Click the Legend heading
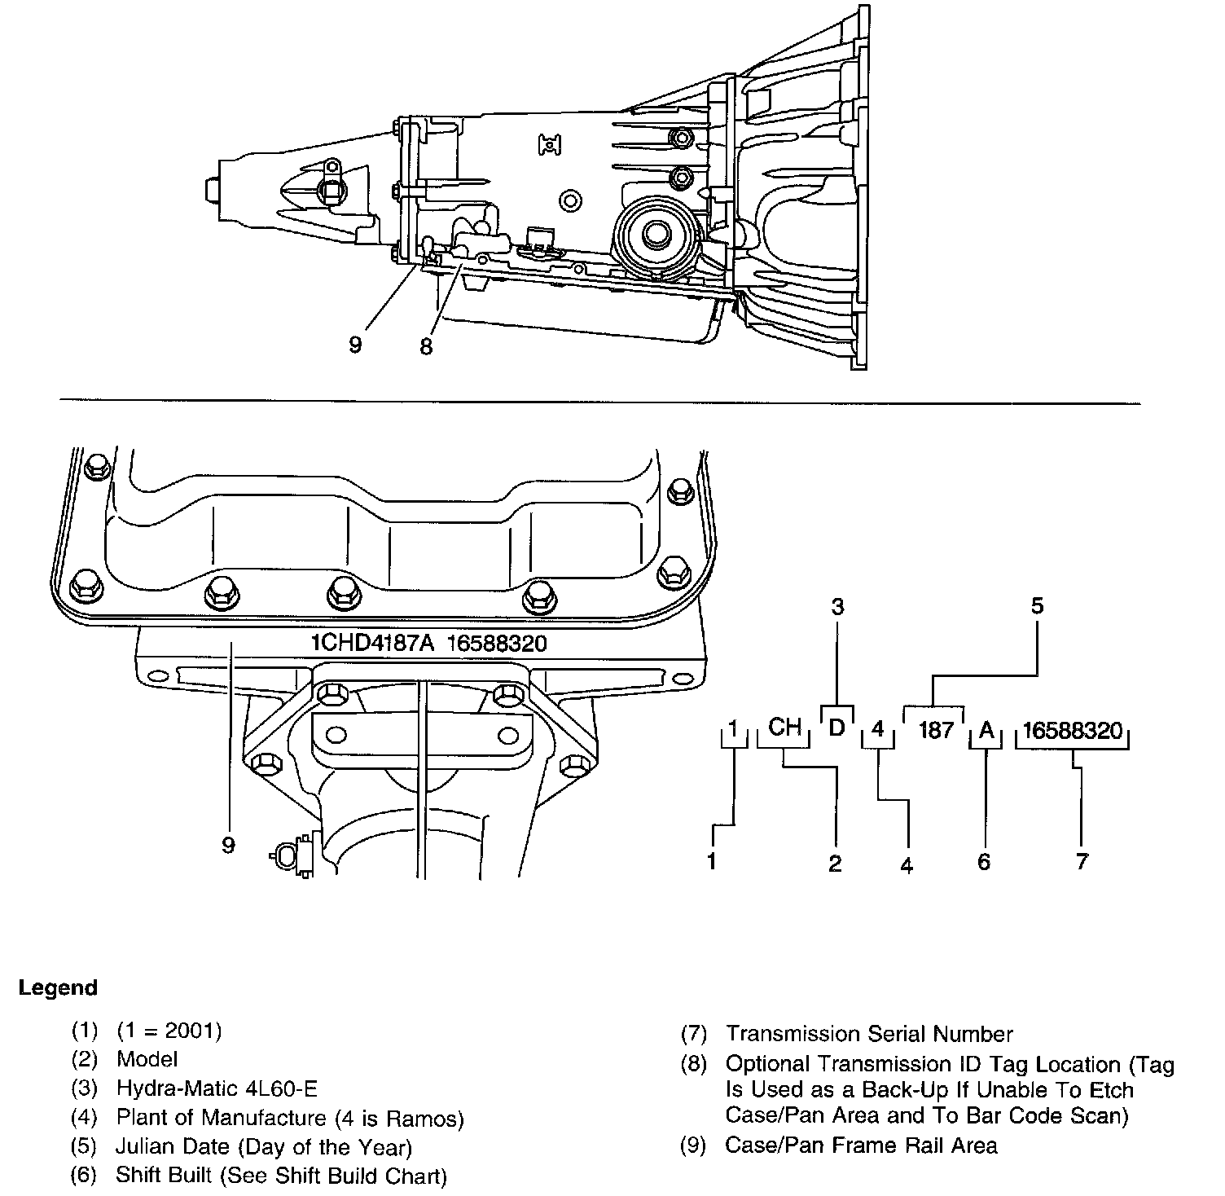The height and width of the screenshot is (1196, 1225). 58,988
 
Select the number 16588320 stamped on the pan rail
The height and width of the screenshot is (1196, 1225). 497,643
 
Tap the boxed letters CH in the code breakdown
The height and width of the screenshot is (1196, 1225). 784,727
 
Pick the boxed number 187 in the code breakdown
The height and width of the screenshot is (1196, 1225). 935,729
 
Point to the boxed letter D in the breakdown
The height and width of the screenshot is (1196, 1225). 836,727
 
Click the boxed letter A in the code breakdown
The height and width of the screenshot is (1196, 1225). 986,730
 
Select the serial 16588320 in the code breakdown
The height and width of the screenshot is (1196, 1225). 1073,730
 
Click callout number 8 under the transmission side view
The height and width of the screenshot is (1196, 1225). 426,346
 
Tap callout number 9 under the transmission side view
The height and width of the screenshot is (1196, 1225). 355,345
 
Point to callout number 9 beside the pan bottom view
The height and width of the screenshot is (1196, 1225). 228,846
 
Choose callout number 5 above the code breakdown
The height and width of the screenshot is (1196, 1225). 1037,605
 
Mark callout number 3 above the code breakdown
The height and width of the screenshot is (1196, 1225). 836,605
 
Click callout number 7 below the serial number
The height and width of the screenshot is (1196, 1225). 1082,860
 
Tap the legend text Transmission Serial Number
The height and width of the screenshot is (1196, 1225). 869,1034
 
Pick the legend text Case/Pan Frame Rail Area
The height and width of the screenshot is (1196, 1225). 861,1145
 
